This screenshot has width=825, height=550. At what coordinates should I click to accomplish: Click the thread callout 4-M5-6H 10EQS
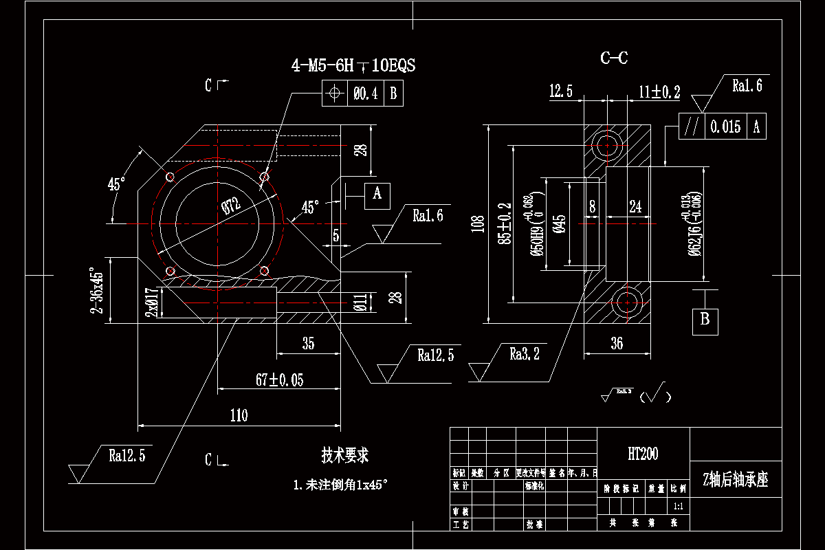pos(353,65)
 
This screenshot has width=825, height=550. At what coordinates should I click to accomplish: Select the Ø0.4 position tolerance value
pos(366,93)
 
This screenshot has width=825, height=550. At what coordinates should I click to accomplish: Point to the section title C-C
pos(614,58)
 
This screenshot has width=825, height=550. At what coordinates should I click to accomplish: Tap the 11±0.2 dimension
pos(659,91)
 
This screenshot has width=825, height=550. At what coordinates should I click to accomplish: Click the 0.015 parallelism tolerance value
pos(725,126)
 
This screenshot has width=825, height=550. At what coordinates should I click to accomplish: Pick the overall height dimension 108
pos(479,224)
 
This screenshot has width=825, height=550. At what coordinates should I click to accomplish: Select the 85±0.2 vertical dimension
pos(505,224)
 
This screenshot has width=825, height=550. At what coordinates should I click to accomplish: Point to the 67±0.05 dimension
pos(279,379)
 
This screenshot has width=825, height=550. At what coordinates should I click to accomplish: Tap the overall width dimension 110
pos(239,415)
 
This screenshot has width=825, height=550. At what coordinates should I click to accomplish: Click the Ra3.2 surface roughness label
pos(524,354)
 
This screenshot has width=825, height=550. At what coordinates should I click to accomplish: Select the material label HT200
pos(643,454)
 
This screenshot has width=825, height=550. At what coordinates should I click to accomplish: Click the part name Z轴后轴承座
pos(735,480)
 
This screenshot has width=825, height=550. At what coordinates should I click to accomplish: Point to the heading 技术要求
pos(345,455)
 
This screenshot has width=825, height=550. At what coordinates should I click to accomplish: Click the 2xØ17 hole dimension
pos(153,302)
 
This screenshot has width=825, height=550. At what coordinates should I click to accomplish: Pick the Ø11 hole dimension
pos(360,302)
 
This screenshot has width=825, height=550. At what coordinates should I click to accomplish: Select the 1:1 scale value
pos(678,506)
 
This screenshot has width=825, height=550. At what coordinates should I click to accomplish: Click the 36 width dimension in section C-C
pos(617,343)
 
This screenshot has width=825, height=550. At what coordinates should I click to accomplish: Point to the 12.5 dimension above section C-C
pos(561,91)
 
